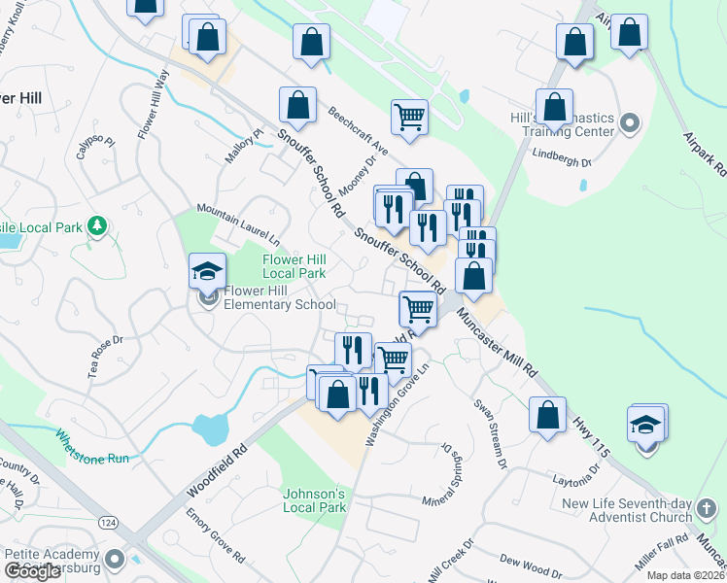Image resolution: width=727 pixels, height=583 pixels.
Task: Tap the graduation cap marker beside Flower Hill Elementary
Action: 208,272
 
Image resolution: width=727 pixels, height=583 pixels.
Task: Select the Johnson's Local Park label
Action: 314,500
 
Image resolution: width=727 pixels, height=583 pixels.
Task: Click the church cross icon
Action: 709,505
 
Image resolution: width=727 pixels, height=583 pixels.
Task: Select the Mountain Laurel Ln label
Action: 237,223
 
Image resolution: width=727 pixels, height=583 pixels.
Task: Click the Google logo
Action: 32,571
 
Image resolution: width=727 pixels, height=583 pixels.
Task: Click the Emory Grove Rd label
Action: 215,537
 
